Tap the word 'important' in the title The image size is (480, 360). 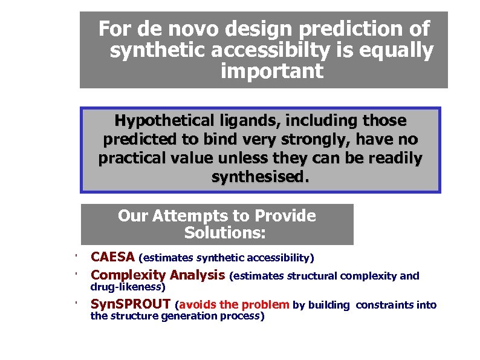pos(272,72)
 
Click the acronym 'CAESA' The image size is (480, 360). pos(112,258)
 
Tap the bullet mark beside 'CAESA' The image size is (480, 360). pos(77,257)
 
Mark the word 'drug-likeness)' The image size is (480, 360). pos(128,287)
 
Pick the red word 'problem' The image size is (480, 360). pos(270,305)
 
